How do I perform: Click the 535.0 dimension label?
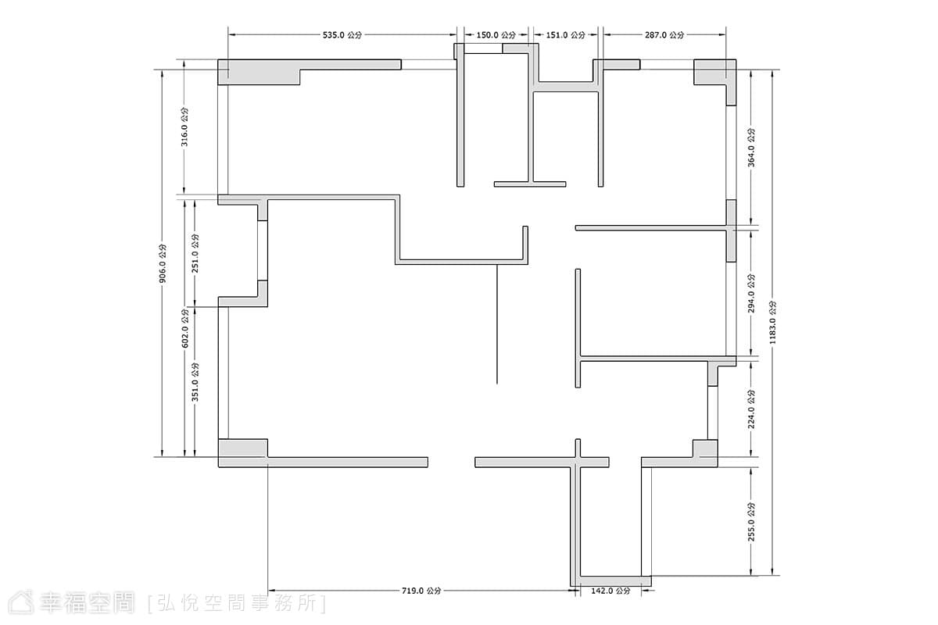pyautogui.click(x=342, y=35)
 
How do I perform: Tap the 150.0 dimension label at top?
pyautogui.click(x=496, y=35)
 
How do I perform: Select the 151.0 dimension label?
pyautogui.click(x=565, y=35)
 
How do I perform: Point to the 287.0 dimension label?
pyautogui.click(x=664, y=35)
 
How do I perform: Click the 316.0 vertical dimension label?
pyautogui.click(x=184, y=127)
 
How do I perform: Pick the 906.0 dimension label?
pyautogui.click(x=163, y=263)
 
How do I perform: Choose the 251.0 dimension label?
pyautogui.click(x=195, y=254)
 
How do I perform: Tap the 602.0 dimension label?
pyautogui.click(x=184, y=329)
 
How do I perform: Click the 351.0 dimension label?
pyautogui.click(x=195, y=382)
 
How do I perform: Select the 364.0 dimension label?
pyautogui.click(x=752, y=148)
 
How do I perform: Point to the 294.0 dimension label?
pyautogui.click(x=752, y=294)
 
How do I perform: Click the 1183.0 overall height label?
pyautogui.click(x=773, y=323)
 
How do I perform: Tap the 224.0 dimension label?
pyautogui.click(x=752, y=409)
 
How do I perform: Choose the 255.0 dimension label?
pyautogui.click(x=752, y=522)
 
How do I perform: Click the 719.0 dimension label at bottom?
pyautogui.click(x=421, y=591)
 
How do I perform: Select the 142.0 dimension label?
pyautogui.click(x=610, y=591)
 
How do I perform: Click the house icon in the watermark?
pyautogui.click(x=21, y=602)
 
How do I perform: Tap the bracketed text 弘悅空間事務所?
pyautogui.click(x=237, y=603)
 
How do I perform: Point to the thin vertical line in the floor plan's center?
pyautogui.click(x=497, y=324)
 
